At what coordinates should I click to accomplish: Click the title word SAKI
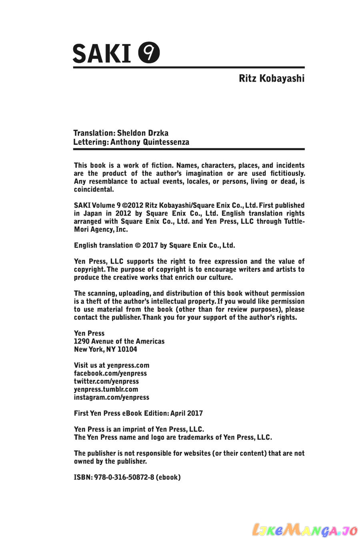coord(102,54)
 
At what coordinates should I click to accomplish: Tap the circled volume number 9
coord(149,53)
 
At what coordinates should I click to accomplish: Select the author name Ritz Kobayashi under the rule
coord(272,78)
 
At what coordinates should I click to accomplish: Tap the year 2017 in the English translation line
coord(150,246)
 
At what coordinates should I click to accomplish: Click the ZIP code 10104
coord(127,349)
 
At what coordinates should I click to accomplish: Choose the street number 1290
coord(82,341)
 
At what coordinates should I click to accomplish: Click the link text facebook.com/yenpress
coord(110,373)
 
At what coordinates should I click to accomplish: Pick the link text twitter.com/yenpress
coord(106,381)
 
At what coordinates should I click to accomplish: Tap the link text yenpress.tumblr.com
coord(106,389)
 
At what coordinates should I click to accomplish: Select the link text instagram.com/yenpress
coord(112,397)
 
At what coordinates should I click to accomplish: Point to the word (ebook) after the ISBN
coord(168,477)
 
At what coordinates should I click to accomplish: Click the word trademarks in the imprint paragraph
coord(196,437)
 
